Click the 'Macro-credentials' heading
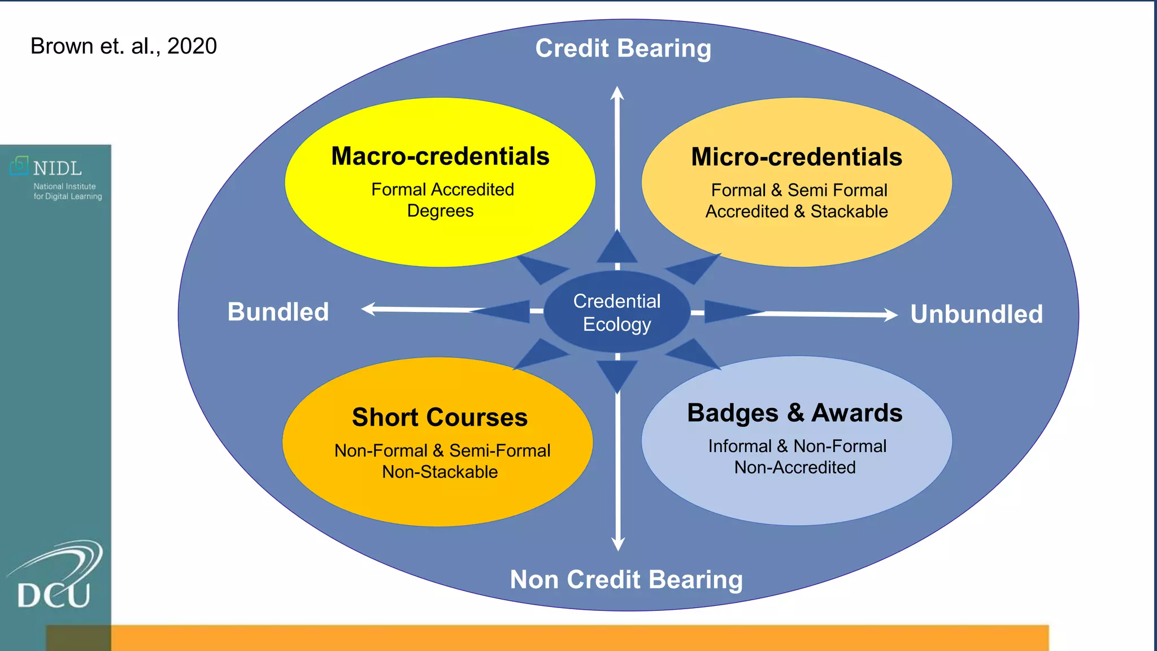tap(440, 157)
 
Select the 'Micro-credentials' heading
tap(797, 157)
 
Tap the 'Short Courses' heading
tap(440, 418)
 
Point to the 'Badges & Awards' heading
tap(795, 413)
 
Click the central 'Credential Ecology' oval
tap(617, 313)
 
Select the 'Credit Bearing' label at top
tap(623, 49)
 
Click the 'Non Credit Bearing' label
tap(626, 580)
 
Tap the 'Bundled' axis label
tap(278, 312)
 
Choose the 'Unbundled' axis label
tap(976, 314)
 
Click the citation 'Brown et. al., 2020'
tap(124, 46)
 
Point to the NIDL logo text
tap(57, 168)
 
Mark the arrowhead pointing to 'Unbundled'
tap(891, 315)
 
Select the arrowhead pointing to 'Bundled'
tap(368, 309)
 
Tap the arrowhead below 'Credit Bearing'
tap(617, 93)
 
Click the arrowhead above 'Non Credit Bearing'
tap(618, 544)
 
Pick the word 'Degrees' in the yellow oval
tap(440, 211)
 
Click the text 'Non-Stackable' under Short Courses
tap(440, 472)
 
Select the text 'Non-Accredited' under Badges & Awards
tap(795, 467)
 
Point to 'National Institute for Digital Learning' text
tap(68, 191)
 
